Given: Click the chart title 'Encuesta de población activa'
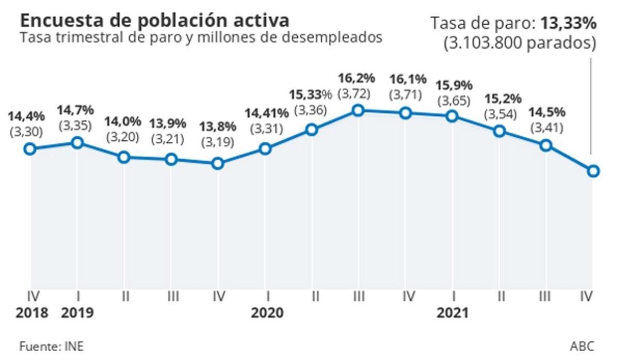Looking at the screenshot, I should pos(154,20).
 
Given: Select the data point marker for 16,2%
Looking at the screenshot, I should pos(358,110).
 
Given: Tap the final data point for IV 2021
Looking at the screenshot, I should pos(593,171).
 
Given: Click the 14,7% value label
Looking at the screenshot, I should pos(75,109).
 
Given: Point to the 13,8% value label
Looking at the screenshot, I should pos(217,126).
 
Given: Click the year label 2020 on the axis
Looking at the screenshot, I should pos(267,313).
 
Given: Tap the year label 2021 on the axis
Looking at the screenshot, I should pos(452,313).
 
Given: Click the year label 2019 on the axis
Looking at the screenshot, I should pos(77,313).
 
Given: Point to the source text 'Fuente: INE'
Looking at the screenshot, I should pos(51,346).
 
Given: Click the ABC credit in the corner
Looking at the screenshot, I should pos(582,346).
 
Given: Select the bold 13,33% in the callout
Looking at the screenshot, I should pos(568,24).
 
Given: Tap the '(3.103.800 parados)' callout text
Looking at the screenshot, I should pos(520,43).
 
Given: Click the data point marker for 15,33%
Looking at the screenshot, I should pos(311,129).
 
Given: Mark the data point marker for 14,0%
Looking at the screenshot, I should pos(123,157).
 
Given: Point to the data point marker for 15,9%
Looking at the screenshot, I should pos(453,116).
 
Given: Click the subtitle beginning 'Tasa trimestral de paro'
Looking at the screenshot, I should pos(201,38).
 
